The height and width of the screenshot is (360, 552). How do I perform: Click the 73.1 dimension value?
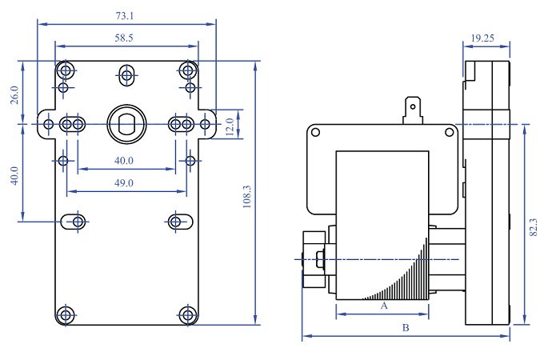(125, 15)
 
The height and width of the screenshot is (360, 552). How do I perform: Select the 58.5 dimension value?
(125, 38)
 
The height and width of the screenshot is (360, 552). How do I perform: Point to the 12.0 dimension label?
(229, 126)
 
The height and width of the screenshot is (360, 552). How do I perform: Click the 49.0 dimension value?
(124, 183)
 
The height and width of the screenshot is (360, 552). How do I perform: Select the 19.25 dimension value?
(482, 38)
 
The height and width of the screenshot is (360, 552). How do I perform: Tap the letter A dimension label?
(383, 306)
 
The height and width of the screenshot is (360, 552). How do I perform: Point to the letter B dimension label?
(406, 328)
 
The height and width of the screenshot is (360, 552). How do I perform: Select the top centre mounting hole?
(126, 76)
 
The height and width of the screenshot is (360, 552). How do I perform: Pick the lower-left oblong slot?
(78, 220)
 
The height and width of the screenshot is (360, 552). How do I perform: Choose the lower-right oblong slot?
(178, 220)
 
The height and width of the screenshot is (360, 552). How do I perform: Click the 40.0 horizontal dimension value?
(124, 161)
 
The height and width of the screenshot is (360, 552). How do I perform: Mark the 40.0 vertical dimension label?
(14, 175)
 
